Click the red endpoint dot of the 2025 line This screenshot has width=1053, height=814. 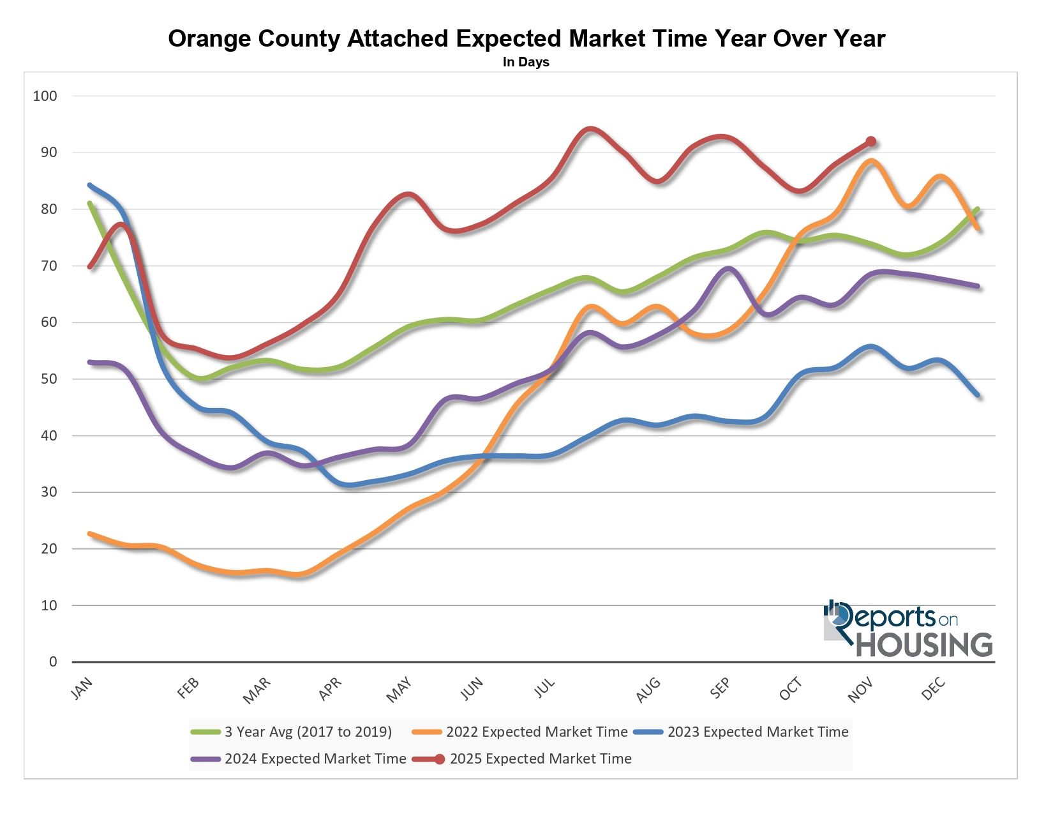pos(870,142)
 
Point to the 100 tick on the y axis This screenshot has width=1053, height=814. pos(45,96)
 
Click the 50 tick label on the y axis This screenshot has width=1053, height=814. pos(49,379)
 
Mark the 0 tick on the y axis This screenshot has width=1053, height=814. pos(53,662)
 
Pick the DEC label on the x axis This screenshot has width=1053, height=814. pos(934,690)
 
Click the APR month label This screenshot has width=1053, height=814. pos(331,690)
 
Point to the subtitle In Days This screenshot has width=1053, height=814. pos(526,63)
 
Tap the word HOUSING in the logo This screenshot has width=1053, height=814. pos(924,645)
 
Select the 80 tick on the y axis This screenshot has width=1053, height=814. pos(49,209)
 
